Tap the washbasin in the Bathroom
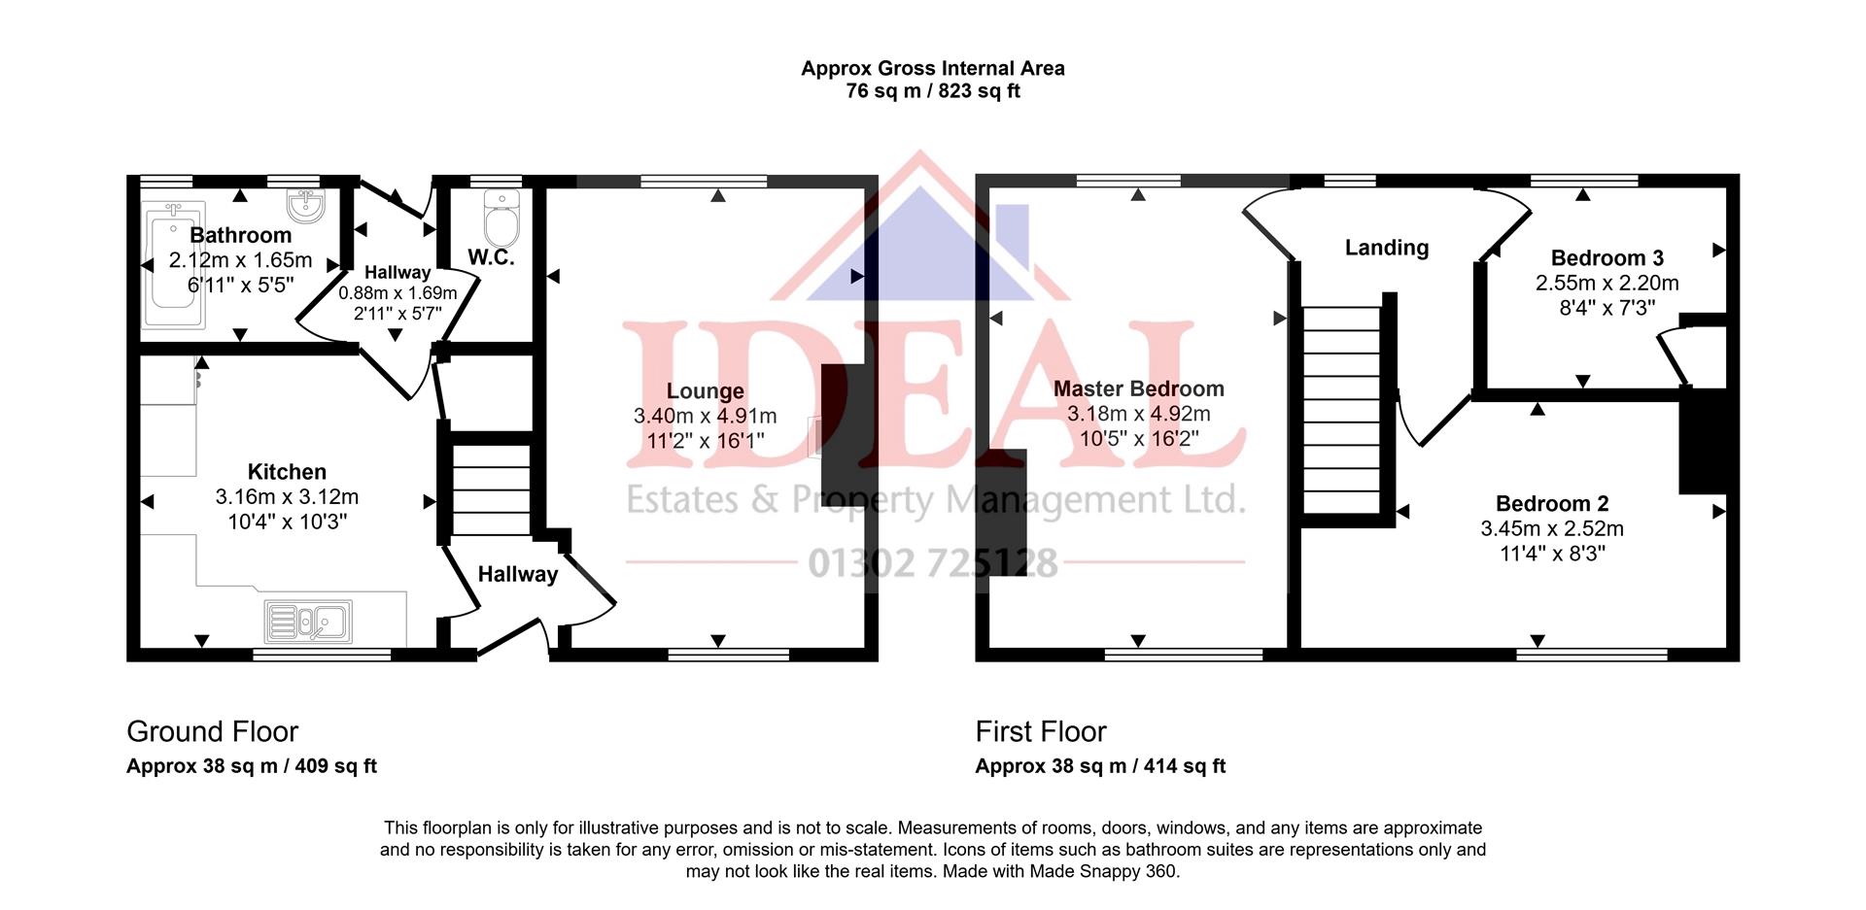305,206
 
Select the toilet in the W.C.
501,219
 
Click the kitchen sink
308,621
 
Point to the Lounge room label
705,391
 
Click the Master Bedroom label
1138,388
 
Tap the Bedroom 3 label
1607,258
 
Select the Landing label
1386,248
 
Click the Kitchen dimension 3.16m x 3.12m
287,497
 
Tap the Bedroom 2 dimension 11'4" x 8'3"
1552,554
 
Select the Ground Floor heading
212,731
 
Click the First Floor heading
1040,731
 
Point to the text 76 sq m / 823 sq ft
932,91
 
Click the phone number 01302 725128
932,562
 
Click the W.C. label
491,257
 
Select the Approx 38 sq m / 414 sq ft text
1100,766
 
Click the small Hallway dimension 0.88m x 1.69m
397,293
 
